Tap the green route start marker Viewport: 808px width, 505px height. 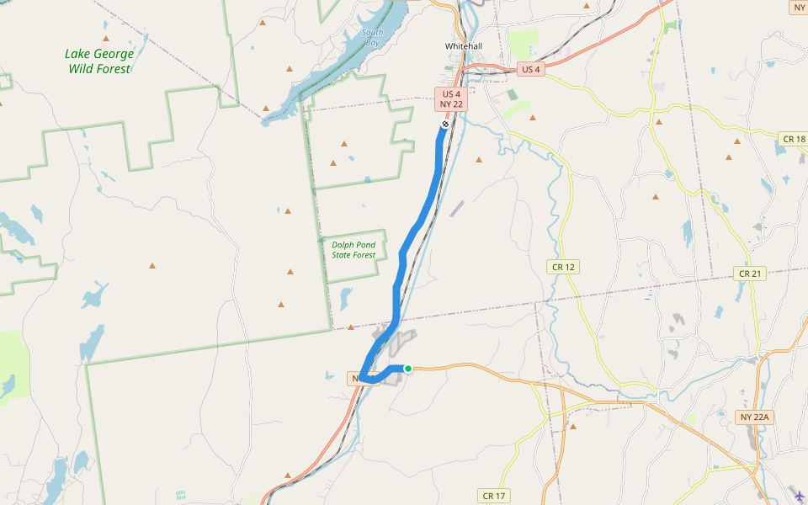(x=408, y=368)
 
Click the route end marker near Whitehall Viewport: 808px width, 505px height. (x=445, y=124)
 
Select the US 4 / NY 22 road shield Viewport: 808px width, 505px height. (x=451, y=99)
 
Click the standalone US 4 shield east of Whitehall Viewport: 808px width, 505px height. (x=530, y=69)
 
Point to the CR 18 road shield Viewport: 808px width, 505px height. (x=793, y=139)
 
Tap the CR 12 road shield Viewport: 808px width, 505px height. (x=564, y=267)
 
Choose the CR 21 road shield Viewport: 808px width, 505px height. (x=749, y=274)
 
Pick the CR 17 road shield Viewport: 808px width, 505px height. (x=494, y=496)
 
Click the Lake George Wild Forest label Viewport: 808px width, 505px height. (x=99, y=61)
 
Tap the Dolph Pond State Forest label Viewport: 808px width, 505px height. (x=353, y=249)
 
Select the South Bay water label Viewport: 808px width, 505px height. (x=372, y=37)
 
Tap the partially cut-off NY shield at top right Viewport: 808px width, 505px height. (x=799, y=8)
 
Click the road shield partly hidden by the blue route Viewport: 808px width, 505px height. (x=355, y=380)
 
